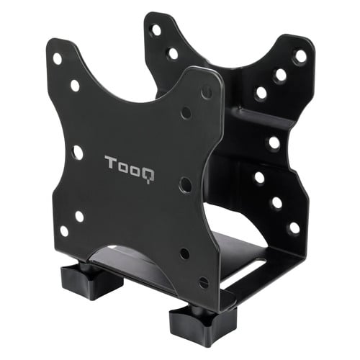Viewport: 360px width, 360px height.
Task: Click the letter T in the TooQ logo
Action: (109, 162)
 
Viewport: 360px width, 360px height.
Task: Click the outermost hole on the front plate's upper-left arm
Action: (57, 58)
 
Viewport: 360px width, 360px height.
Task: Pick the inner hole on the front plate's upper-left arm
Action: (75, 85)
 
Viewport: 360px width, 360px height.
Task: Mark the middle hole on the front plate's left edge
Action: (77, 153)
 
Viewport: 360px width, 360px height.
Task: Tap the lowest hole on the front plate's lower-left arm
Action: (64, 231)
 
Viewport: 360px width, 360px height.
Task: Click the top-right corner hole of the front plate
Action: (207, 92)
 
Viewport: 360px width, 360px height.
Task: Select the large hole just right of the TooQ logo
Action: (185, 184)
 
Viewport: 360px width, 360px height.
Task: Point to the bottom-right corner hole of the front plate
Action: (204, 282)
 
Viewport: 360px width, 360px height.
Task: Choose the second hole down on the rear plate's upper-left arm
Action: (173, 53)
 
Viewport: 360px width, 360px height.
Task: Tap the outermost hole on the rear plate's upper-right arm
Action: (300, 55)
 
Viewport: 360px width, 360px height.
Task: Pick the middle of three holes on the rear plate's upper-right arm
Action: (280, 75)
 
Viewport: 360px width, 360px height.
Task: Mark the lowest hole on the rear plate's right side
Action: (294, 228)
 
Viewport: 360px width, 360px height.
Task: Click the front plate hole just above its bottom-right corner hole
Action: (184, 253)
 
